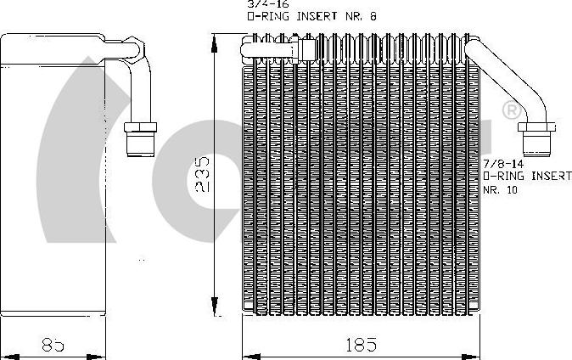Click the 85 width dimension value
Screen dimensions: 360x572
(53, 345)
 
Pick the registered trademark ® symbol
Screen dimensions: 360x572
(511, 110)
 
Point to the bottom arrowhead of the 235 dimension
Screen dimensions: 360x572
(215, 309)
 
